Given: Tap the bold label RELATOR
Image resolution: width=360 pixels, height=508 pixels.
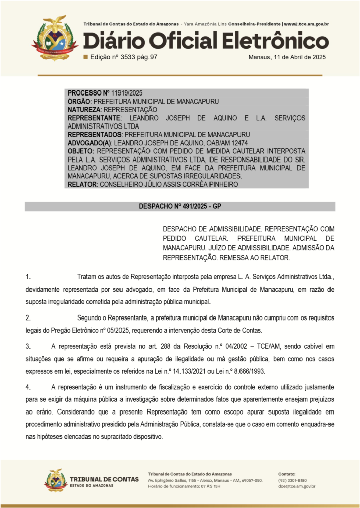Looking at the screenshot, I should (82, 184).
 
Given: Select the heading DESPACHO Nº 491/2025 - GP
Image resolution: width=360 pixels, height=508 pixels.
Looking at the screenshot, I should (180, 207).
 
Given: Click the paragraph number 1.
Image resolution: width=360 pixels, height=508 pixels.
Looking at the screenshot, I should (28, 277).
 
